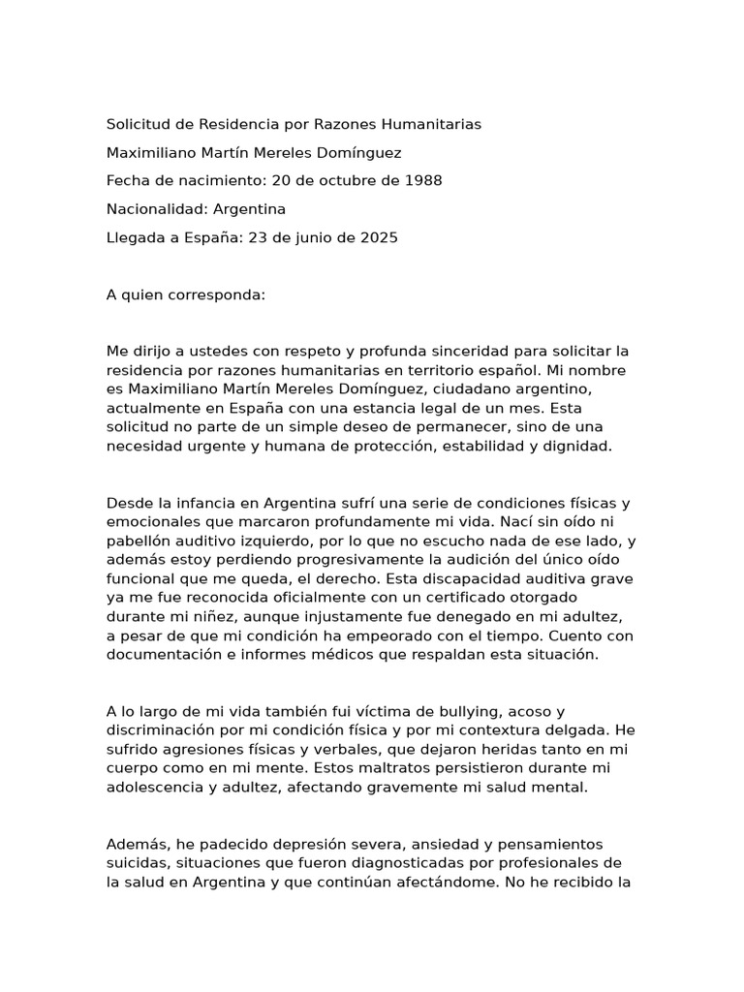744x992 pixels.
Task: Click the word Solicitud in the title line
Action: point(137,125)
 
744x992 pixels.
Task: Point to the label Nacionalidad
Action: point(156,209)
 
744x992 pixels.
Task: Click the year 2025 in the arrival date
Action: point(377,237)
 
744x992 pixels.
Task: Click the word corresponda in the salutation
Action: point(214,294)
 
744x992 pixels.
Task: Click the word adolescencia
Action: point(155,789)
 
